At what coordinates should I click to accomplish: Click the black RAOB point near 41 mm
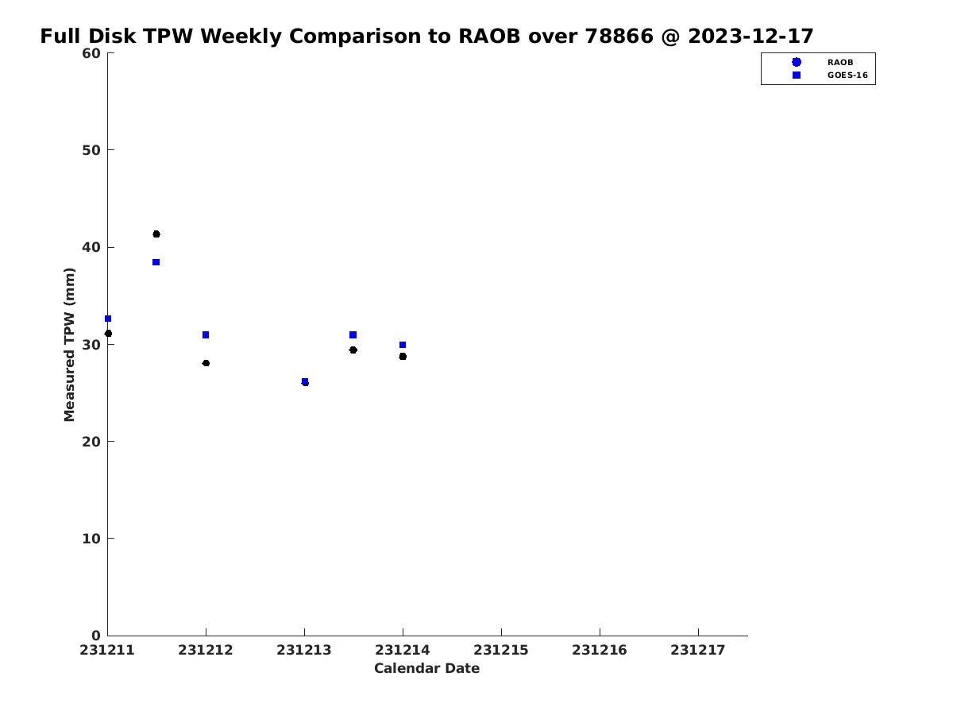click(156, 234)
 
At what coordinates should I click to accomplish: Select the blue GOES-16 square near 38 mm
click(156, 262)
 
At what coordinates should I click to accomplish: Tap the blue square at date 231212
click(206, 335)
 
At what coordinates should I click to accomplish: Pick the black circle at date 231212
click(206, 363)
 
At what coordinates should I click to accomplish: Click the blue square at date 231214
click(403, 345)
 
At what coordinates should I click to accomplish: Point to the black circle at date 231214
click(403, 357)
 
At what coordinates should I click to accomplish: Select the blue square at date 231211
click(108, 319)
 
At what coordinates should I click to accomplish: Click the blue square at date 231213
click(305, 381)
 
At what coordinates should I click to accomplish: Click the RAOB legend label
click(840, 63)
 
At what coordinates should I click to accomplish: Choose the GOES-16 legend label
click(847, 75)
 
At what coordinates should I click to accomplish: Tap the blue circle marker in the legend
click(797, 63)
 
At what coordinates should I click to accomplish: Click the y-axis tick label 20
click(91, 442)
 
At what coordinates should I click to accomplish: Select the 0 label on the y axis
click(96, 636)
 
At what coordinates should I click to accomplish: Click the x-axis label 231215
click(501, 651)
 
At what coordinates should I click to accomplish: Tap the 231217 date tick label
click(698, 651)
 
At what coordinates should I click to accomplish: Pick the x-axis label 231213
click(304, 651)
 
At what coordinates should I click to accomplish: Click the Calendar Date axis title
click(426, 669)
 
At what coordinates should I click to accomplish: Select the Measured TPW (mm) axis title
click(69, 345)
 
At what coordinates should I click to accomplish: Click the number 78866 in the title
click(619, 36)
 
